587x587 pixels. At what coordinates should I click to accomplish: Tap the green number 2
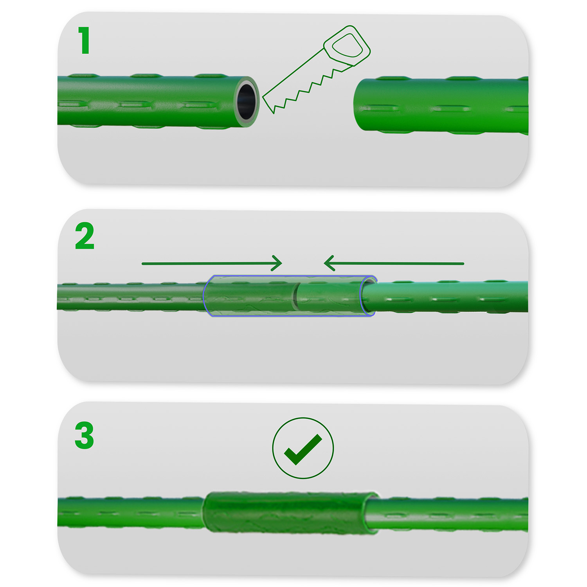point(85,236)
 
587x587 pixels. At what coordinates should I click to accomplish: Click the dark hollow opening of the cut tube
point(246,101)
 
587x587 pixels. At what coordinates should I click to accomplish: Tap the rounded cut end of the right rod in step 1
point(358,105)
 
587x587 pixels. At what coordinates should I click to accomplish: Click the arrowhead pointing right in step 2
point(277,263)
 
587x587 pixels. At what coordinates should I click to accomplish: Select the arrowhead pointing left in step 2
point(329,263)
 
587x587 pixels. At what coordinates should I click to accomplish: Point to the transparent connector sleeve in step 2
point(250,296)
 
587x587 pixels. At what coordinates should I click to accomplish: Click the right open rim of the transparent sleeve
point(368,296)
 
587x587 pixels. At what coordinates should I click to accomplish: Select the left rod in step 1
point(149,101)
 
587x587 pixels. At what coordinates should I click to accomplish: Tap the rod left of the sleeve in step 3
point(129,512)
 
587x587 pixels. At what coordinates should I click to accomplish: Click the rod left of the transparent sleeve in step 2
point(129,297)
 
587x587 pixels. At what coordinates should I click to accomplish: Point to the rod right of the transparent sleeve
point(450,296)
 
